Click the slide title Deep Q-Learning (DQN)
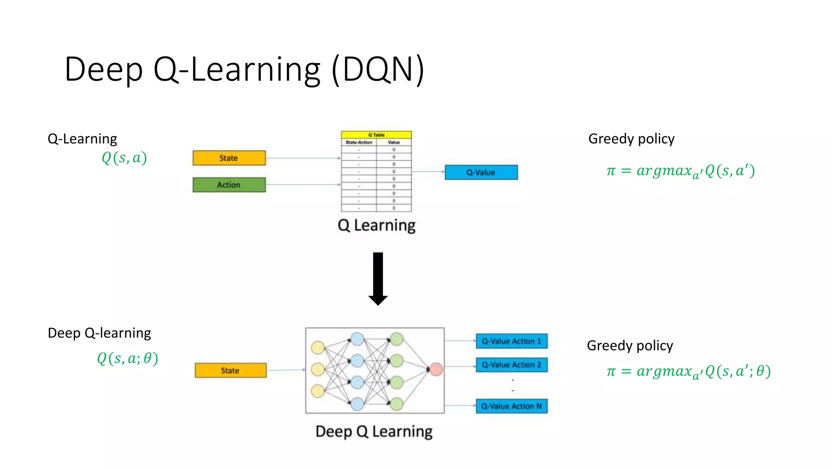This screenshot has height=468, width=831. (x=244, y=69)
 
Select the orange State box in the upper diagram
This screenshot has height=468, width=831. (x=229, y=158)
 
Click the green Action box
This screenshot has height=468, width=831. (x=229, y=185)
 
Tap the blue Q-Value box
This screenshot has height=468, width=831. (x=481, y=172)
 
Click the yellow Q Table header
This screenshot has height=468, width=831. (x=376, y=135)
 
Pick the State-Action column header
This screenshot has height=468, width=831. (x=359, y=142)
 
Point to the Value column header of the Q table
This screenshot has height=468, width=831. (x=394, y=142)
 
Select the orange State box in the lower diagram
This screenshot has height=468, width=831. (x=230, y=370)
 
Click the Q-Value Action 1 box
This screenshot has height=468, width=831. (x=511, y=341)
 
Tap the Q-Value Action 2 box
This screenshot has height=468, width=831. (x=511, y=365)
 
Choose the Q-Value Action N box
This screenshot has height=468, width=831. (x=511, y=406)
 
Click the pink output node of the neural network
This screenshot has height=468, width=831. (x=436, y=369)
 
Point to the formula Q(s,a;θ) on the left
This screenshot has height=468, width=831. (x=127, y=358)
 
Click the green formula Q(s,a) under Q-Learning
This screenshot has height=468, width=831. (x=124, y=158)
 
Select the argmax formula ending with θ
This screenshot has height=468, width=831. (x=688, y=371)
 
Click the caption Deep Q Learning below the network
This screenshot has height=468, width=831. (x=374, y=431)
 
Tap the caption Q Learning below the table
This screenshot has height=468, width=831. (x=377, y=225)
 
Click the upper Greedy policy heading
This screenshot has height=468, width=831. (x=631, y=139)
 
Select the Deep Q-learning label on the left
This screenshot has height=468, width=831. (x=99, y=333)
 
